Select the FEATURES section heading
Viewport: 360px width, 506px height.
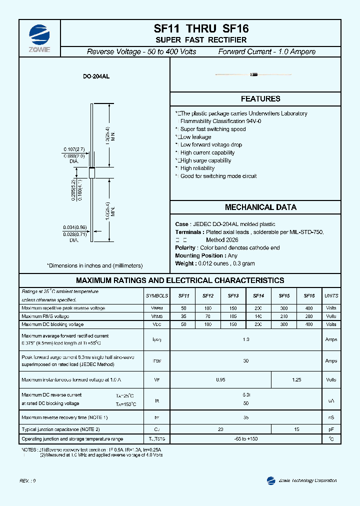coord(260,99)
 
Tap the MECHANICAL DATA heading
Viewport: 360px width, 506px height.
coord(260,207)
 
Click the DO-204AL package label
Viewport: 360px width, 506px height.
coord(96,77)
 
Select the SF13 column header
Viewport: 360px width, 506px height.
coord(233,295)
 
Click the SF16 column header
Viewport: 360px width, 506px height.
coord(309,295)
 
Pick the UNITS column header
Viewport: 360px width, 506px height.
coord(331,295)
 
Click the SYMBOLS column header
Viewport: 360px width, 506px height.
coord(156,295)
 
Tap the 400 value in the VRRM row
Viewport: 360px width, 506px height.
coord(309,308)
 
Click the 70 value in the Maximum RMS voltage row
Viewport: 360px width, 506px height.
coord(207,316)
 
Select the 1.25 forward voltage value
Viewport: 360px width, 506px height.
coord(296,380)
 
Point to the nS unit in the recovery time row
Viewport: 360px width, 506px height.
coord(331,417)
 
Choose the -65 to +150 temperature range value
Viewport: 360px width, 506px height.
coord(245,438)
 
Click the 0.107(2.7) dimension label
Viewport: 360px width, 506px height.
coord(73,149)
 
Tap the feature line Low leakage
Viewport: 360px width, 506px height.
coord(195,137)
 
